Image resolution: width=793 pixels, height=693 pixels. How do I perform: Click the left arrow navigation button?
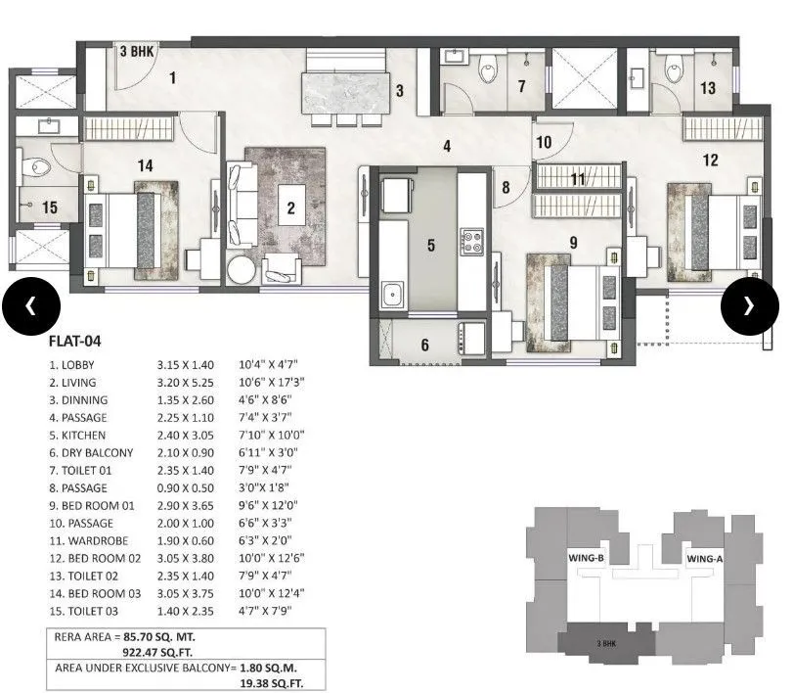(x=30, y=305)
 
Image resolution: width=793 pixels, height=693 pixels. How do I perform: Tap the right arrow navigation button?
(x=749, y=305)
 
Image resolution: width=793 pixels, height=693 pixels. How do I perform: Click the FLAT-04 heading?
(x=75, y=342)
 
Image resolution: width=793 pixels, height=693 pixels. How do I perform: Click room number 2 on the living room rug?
(x=290, y=207)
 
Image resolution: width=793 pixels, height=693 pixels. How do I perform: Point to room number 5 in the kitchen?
(x=430, y=245)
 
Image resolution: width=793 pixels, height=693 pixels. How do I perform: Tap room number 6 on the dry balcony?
(x=424, y=344)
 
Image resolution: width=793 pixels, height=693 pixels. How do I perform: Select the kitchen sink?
(x=392, y=294)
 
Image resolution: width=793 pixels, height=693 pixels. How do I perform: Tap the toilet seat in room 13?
(x=673, y=70)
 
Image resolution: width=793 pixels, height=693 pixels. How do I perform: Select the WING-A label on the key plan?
(x=704, y=558)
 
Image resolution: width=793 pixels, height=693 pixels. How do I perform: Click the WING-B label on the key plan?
(x=588, y=558)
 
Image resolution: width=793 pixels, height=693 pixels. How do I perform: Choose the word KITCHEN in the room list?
(x=82, y=435)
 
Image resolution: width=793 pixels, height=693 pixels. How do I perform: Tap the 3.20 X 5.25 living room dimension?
(x=185, y=382)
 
